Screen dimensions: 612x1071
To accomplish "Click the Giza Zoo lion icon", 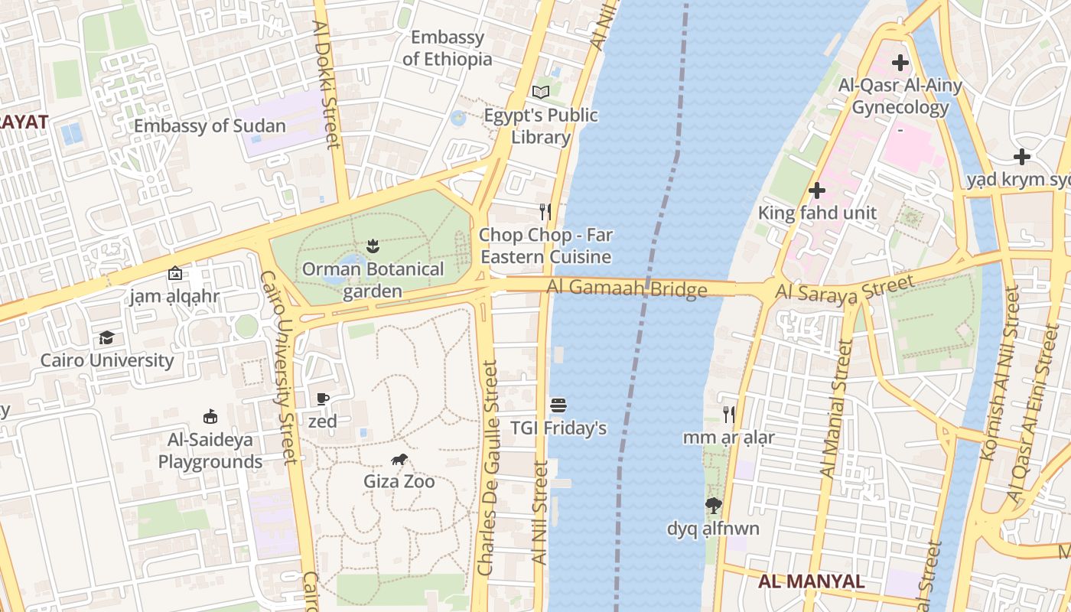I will pos(399,459).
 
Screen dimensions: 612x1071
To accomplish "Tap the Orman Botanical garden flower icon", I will pos(373,246).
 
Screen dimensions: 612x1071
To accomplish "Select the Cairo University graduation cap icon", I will pos(106,337).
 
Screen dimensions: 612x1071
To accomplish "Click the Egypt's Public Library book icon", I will pos(541,92).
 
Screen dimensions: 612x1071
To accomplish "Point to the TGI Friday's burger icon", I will pos(558,405).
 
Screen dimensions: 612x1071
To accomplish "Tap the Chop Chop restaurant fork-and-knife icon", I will pos(545,212).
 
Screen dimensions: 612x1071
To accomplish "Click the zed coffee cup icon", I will pos(322,399).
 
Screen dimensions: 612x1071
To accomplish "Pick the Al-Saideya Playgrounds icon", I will pos(210,417).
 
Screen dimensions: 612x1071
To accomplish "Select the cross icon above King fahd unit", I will pos(817,190).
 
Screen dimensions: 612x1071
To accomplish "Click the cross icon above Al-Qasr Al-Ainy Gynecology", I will pos(900,62).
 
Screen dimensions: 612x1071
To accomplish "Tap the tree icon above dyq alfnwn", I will pos(713,506).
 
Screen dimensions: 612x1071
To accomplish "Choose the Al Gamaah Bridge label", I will pos(627,289).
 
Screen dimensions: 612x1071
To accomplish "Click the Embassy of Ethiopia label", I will pos(448,48).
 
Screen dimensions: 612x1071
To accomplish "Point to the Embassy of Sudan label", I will pos(210,126).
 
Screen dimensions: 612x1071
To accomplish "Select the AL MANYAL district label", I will pos(812,581).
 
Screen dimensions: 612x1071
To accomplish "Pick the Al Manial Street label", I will pos(835,409).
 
